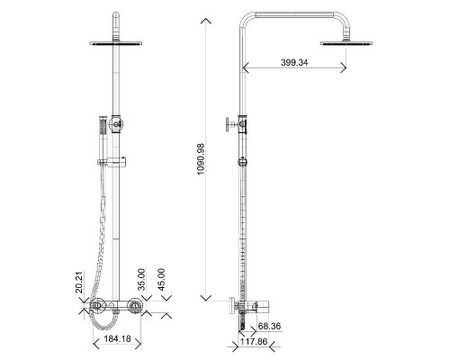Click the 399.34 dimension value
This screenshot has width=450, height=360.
point(294,62)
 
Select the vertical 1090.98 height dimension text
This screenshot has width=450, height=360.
point(201,159)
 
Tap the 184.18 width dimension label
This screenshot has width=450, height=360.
point(117,338)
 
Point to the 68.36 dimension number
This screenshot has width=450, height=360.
point(269,326)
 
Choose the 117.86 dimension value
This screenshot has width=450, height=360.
point(254,341)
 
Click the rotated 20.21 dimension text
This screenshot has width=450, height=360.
point(79,282)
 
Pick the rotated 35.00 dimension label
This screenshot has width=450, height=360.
point(141,280)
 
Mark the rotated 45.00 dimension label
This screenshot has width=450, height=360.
point(161,280)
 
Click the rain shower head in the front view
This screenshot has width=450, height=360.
point(115,43)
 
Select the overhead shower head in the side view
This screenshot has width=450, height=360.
point(346,43)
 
